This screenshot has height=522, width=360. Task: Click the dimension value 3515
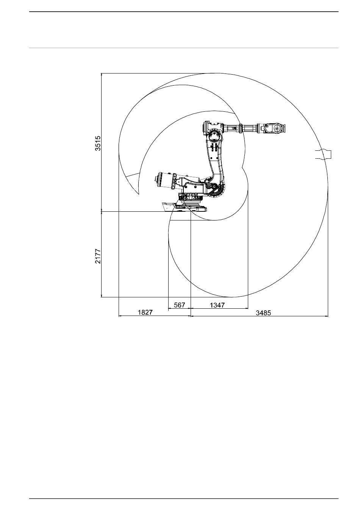(98, 143)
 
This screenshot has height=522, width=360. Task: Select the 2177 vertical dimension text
(98, 256)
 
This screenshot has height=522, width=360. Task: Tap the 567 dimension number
(179, 305)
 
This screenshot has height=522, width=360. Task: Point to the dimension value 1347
(217, 305)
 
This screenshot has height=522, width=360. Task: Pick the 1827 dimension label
(145, 312)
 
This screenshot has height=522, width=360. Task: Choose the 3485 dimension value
(263, 313)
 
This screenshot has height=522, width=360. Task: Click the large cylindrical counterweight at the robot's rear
(164, 180)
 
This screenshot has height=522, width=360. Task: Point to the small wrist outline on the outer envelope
(323, 154)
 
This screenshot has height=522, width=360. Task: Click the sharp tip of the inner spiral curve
(138, 194)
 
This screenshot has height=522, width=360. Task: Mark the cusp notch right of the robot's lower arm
(242, 167)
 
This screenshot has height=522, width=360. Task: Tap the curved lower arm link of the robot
(216, 163)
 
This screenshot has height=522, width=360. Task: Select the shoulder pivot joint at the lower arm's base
(212, 186)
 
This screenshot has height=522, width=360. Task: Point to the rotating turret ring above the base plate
(190, 197)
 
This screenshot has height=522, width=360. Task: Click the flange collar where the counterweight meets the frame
(174, 181)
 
